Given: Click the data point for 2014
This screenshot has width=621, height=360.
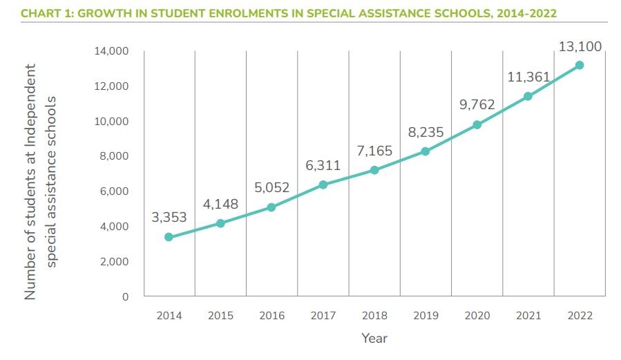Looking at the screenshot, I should (x=169, y=237).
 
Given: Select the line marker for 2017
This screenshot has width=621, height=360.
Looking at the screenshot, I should (x=323, y=184).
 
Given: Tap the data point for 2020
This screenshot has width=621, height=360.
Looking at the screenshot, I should (x=477, y=124).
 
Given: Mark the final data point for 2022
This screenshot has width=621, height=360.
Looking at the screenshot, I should (x=580, y=65).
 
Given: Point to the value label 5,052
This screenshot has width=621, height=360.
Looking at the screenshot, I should (x=271, y=187).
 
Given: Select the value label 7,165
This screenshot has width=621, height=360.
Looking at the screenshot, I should (x=374, y=150).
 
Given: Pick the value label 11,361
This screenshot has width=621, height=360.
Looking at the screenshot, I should (x=527, y=77).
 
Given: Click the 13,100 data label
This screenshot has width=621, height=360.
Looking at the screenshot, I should (x=579, y=47).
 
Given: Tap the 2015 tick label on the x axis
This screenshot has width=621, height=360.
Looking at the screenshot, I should (x=220, y=316).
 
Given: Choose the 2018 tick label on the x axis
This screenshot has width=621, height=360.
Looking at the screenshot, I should (x=374, y=316).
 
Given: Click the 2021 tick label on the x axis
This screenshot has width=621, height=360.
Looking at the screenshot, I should (x=528, y=316).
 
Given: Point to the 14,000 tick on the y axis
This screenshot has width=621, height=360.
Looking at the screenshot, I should (x=111, y=51).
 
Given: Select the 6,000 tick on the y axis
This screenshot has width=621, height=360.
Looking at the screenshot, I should (x=114, y=191).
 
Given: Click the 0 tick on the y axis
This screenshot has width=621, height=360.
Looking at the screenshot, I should (x=125, y=297).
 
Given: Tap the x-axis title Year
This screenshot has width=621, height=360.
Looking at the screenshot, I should (x=374, y=339).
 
